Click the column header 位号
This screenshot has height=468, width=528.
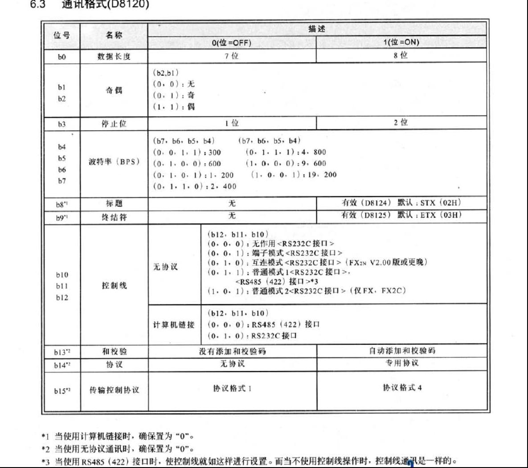point(61,35)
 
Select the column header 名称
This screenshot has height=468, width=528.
point(114,35)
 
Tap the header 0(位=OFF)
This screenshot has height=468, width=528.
point(231,43)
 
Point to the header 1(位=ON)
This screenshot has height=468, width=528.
point(401,43)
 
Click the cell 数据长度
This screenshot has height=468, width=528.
point(114,57)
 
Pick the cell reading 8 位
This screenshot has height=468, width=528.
point(401,56)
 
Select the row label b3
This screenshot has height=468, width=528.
point(61,124)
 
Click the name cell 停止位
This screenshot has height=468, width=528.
point(114,124)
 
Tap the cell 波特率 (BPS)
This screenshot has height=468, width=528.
point(114,162)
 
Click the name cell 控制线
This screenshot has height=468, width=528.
point(114,286)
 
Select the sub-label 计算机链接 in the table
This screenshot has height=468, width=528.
point(174,325)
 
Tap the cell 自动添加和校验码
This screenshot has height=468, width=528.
point(402,351)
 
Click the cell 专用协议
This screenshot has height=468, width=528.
point(402,363)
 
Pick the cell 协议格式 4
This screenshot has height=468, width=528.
point(402,387)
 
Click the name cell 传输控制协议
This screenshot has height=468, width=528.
point(114,390)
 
